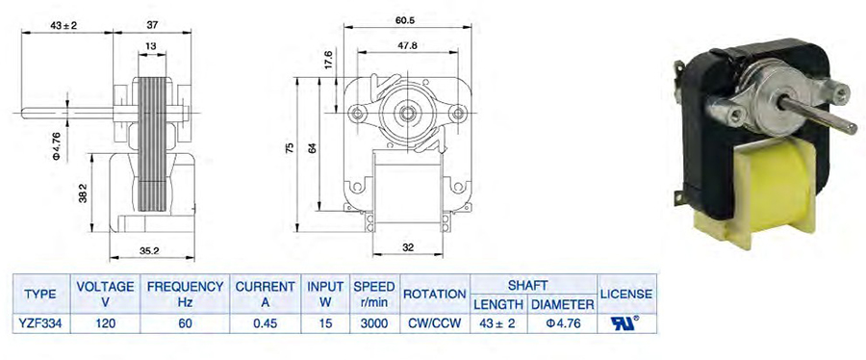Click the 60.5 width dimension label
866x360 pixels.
pos(405,20)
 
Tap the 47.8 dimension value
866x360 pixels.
pos(407,46)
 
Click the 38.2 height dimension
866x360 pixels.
pos(83,194)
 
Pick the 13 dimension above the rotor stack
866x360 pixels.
pos(151,47)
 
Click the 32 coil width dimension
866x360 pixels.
pos(408,247)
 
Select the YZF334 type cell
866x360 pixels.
pos(40,324)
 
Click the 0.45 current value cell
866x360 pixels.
pos(265,324)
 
